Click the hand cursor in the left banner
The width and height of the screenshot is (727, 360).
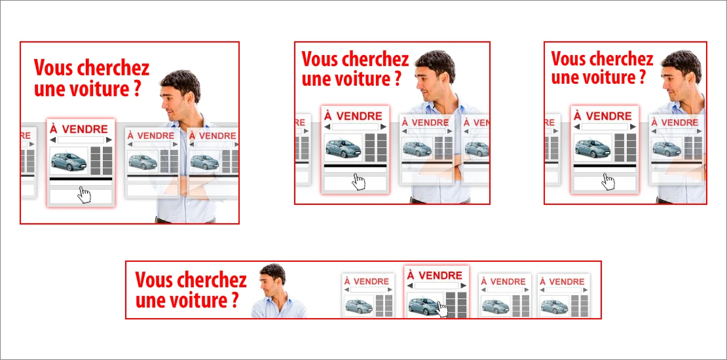point(84,194)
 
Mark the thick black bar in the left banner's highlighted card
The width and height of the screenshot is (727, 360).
point(81,179)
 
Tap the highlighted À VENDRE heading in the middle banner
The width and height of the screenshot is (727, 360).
point(353,115)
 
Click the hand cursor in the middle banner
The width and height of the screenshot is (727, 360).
point(358,181)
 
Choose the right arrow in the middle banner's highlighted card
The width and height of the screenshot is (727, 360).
point(383,126)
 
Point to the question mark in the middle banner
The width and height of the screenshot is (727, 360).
point(398,79)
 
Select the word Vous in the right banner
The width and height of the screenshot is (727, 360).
point(567,60)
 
